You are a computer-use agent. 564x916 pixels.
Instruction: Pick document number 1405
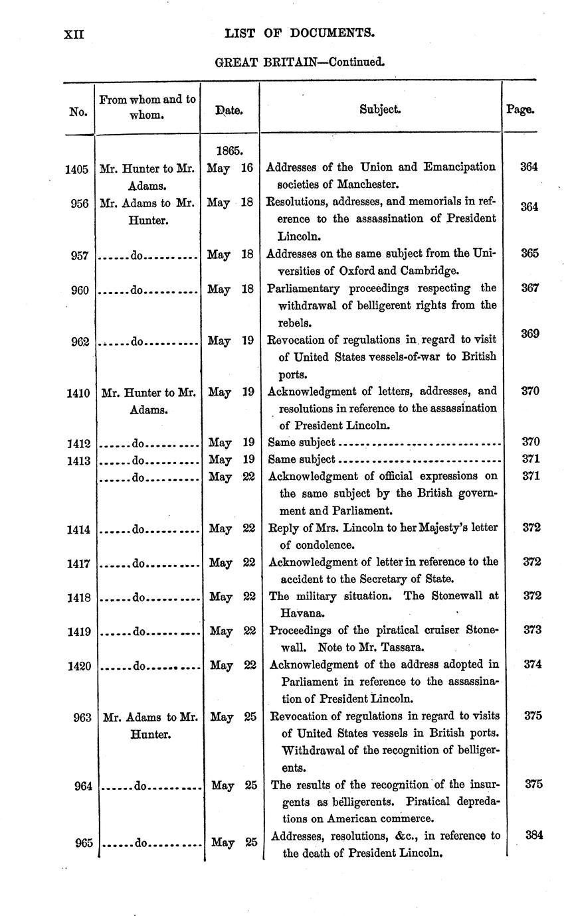point(77,169)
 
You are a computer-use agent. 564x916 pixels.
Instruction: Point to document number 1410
point(78,393)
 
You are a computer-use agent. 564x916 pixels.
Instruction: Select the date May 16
point(229,168)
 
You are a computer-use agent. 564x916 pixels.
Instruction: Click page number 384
point(532,835)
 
